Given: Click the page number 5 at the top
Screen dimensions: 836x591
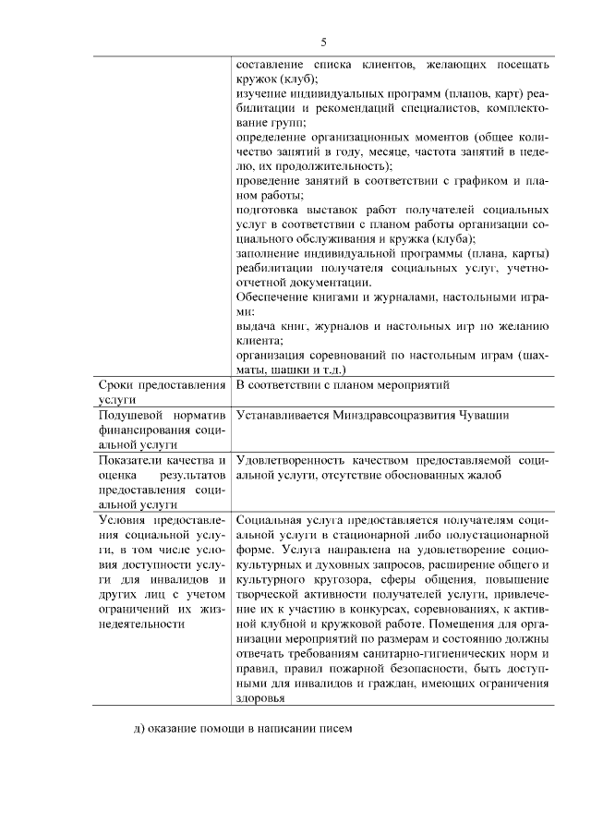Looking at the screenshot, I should pyautogui.click(x=323, y=42).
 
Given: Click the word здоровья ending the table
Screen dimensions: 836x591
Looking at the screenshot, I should pyautogui.click(x=262, y=698).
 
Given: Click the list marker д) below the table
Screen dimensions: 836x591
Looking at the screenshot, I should pyautogui.click(x=138, y=729).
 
